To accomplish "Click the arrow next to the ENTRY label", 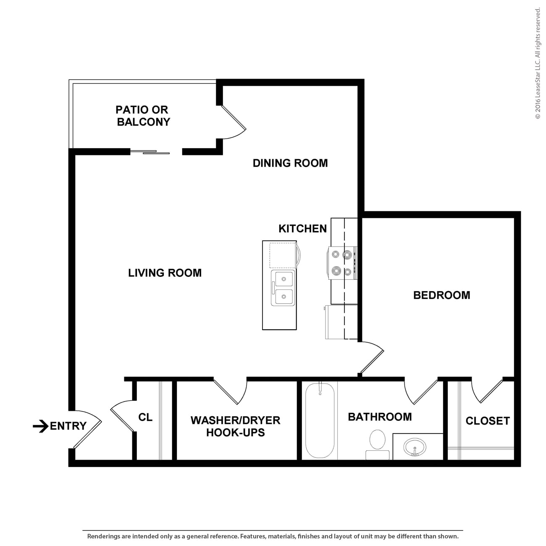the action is point(40,426).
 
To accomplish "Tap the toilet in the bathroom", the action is point(377,444).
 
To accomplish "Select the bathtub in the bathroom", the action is point(320,420).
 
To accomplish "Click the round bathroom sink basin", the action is point(415,447).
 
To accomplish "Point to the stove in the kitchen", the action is point(342,263).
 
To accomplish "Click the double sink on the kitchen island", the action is point(283,288).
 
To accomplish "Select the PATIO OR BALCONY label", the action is point(143,115).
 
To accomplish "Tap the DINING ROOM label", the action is point(290,163).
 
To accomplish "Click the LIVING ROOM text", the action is point(165,273).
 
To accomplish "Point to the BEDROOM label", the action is point(441,295).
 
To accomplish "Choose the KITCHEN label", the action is point(302,228).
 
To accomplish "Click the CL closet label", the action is point(145,417).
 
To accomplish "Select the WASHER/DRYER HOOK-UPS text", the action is point(236,426).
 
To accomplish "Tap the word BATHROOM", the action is point(380,417).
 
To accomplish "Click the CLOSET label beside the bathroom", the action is point(488,421).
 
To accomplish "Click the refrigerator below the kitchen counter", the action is point(341,322).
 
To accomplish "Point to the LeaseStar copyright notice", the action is point(538,63).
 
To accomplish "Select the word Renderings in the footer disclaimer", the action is point(103,536).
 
